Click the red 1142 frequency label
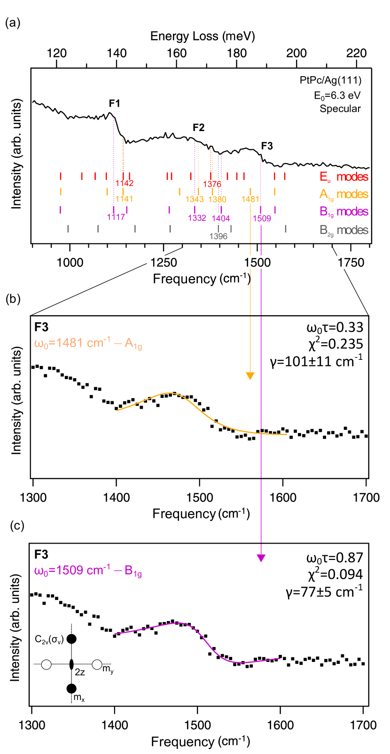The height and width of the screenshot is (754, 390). tap(125, 183)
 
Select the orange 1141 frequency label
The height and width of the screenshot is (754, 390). tap(124, 199)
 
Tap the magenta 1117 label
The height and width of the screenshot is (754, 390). tap(116, 217)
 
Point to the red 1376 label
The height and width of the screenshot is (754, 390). tap(212, 184)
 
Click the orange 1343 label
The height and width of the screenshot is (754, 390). tap(195, 199)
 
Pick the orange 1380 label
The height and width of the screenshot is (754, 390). tap(218, 199)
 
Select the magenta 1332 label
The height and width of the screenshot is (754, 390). tap(197, 218)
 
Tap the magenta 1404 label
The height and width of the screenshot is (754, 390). tap(221, 218)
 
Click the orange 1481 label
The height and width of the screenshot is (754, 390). tap(250, 199)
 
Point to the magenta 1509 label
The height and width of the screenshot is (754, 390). tap(262, 218)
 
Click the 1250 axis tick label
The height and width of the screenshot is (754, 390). tap(164, 262)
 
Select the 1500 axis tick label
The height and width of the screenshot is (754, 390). tap(257, 262)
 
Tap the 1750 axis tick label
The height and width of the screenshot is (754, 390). tap(351, 262)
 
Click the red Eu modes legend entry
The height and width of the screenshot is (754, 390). tap(343, 177)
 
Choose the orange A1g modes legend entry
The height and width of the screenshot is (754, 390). tap(343, 194)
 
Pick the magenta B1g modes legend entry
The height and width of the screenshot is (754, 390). tap(343, 211)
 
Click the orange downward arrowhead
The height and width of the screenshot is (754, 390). tap(250, 376)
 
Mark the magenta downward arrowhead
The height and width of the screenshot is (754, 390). tap(261, 558)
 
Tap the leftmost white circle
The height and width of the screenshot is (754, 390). tap(46, 664)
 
